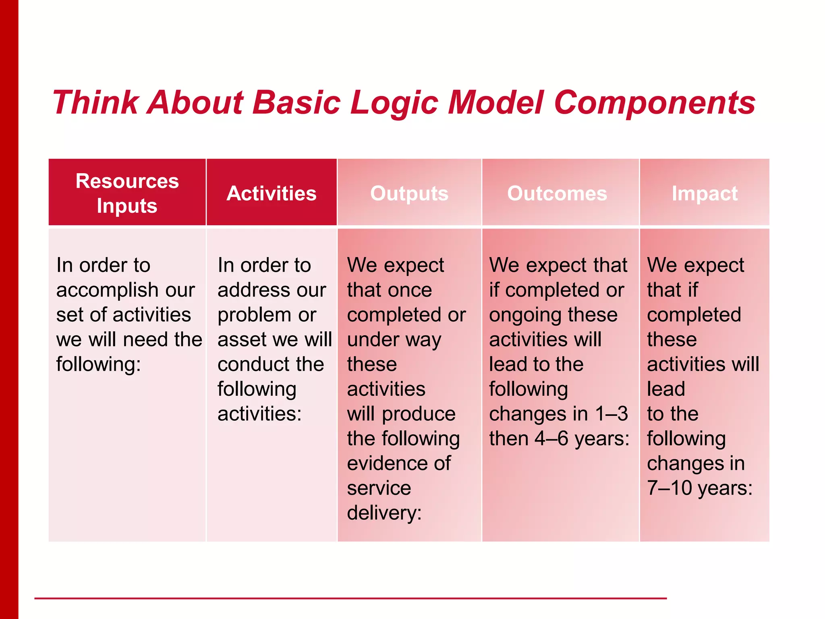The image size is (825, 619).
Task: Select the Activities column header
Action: [272, 193]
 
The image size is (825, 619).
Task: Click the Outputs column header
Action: [409, 193]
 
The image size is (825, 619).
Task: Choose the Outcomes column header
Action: [557, 193]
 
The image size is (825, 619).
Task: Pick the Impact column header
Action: [705, 193]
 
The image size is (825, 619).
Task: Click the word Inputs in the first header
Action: [127, 206]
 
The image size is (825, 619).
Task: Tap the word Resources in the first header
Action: [127, 181]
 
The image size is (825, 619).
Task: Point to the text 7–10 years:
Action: [700, 488]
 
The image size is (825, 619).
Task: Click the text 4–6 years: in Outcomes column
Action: [582, 438]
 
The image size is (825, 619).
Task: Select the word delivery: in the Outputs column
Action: [384, 513]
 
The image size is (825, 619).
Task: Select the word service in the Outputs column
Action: [379, 488]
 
